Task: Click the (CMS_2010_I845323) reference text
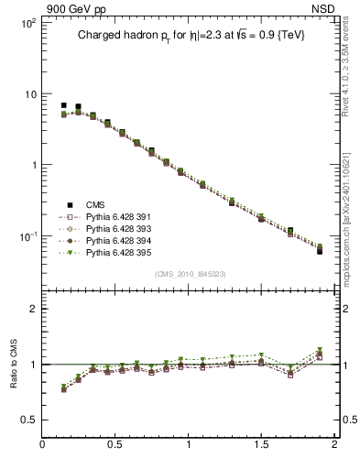coord(188,272)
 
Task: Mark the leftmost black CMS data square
coord(63,105)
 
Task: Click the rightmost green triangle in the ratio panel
coord(320,350)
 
